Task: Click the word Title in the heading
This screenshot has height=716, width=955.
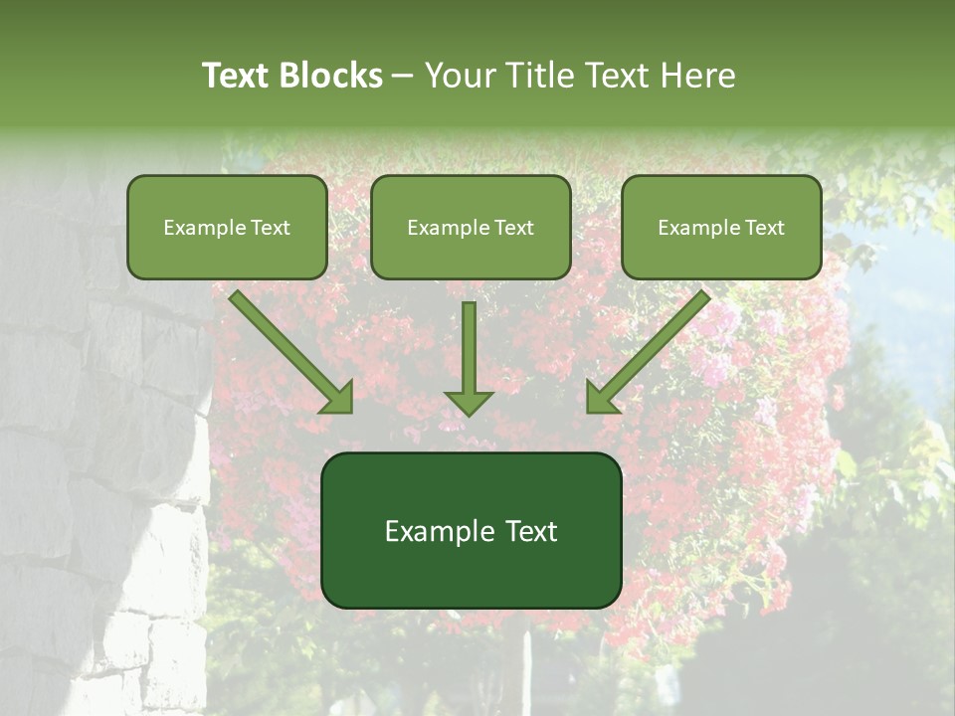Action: (x=541, y=76)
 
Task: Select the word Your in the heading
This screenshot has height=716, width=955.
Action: (x=461, y=76)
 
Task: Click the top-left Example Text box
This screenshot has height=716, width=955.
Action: (x=227, y=227)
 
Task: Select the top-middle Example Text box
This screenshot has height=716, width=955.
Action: (x=471, y=227)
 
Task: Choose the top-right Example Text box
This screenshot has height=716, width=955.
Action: (x=721, y=227)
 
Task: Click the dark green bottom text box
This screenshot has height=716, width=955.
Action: (x=471, y=530)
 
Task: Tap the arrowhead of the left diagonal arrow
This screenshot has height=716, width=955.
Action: (x=338, y=398)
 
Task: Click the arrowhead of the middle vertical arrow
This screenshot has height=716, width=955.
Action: (x=469, y=403)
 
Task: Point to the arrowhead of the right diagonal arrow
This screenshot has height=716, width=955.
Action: (x=601, y=398)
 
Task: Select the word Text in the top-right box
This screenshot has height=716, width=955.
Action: (x=764, y=228)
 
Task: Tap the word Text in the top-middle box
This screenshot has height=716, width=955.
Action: (x=513, y=228)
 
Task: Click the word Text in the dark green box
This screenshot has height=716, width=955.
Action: (x=531, y=531)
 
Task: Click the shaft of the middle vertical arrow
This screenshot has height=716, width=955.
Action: (x=469, y=343)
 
